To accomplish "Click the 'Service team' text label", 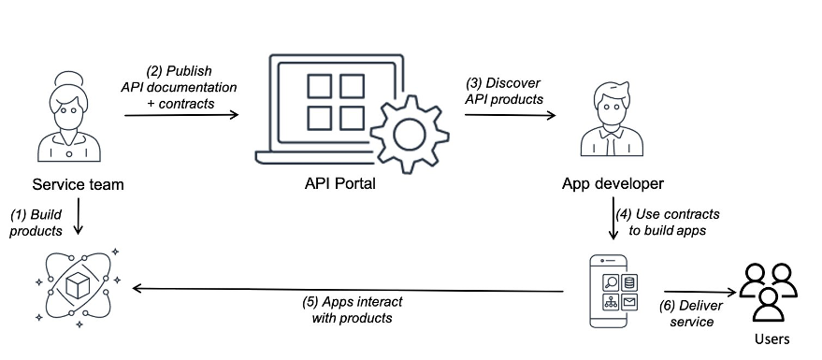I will pyautogui.click(x=78, y=184).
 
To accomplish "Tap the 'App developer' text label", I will pyautogui.click(x=613, y=183).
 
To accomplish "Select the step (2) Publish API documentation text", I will pyautogui.click(x=179, y=86).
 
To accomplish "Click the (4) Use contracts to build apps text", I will pyautogui.click(x=673, y=222).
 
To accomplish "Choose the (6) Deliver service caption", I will pyautogui.click(x=690, y=313).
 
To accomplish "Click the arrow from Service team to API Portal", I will pyautogui.click(x=181, y=114).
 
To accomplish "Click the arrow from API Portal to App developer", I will pyautogui.click(x=510, y=114).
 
